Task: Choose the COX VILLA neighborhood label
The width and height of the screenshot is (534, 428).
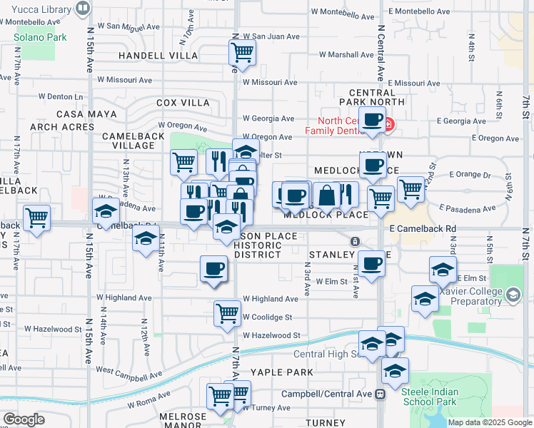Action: [x=183, y=103]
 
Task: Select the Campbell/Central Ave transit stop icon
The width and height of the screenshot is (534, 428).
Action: [x=381, y=393]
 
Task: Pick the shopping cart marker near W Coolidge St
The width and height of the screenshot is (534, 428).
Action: [x=227, y=312]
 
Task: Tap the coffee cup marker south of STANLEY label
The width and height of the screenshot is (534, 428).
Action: [x=371, y=264]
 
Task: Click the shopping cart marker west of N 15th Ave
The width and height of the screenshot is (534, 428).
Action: [x=36, y=218]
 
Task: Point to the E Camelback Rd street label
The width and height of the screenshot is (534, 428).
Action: [x=423, y=228]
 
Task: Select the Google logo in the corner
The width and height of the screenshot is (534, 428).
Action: [x=24, y=419]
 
